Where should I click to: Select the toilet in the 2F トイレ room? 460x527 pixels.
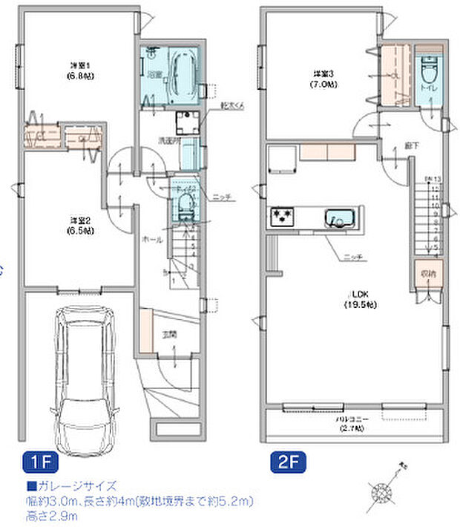429,73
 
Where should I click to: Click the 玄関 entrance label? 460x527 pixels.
170,335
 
